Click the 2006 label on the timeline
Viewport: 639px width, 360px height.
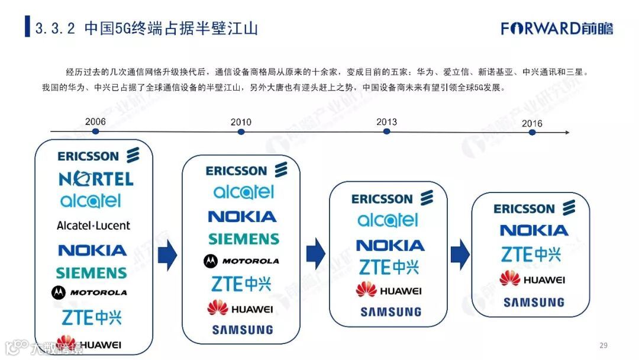(x=95, y=122)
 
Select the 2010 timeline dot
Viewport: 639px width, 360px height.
(x=241, y=131)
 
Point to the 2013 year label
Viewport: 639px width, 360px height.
(x=386, y=122)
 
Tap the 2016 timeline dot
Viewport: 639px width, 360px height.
(x=532, y=132)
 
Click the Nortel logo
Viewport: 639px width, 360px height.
(x=96, y=178)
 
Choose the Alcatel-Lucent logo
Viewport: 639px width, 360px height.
(x=93, y=226)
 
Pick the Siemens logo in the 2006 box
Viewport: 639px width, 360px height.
(x=92, y=273)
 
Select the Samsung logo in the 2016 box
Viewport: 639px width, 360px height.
(x=534, y=303)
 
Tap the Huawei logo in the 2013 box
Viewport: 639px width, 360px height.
(x=389, y=290)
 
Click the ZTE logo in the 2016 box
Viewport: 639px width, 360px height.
(x=531, y=255)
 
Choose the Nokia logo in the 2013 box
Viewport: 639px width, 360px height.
(x=390, y=245)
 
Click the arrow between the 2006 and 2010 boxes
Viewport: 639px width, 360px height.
(x=167, y=254)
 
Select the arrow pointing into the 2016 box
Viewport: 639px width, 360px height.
(x=460, y=254)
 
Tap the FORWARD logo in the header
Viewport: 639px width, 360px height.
(x=557, y=28)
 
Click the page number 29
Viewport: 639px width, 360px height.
(x=603, y=345)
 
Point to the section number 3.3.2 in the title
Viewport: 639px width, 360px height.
(x=55, y=28)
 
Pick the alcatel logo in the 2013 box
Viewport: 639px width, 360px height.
(x=388, y=221)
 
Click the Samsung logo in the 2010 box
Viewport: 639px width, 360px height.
(x=243, y=330)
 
